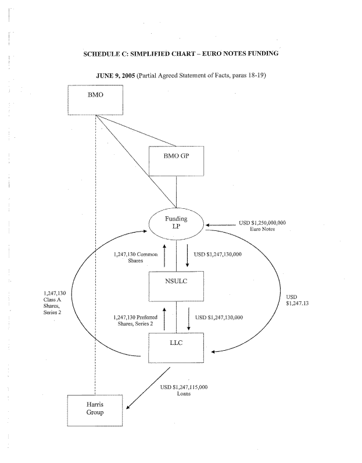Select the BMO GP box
coord(176,160)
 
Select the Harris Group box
coord(96,410)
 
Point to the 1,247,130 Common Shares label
coord(135,257)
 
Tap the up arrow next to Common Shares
coord(165,257)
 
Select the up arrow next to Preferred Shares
coord(165,319)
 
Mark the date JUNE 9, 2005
coord(117,77)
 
